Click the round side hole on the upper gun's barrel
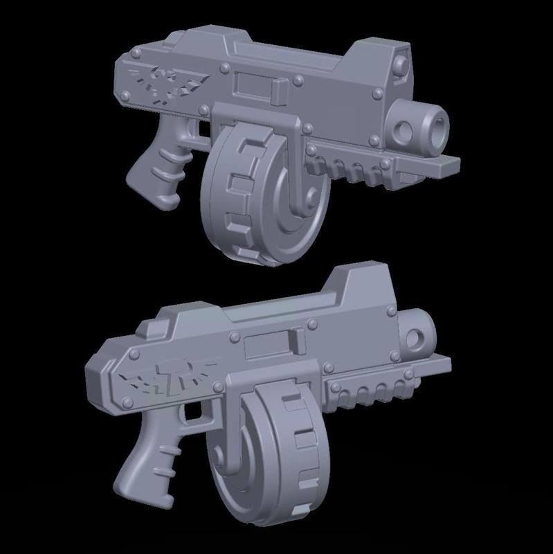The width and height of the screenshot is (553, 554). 401,129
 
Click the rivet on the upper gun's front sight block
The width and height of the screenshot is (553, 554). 401,64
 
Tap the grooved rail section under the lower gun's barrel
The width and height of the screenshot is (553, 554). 370,393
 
